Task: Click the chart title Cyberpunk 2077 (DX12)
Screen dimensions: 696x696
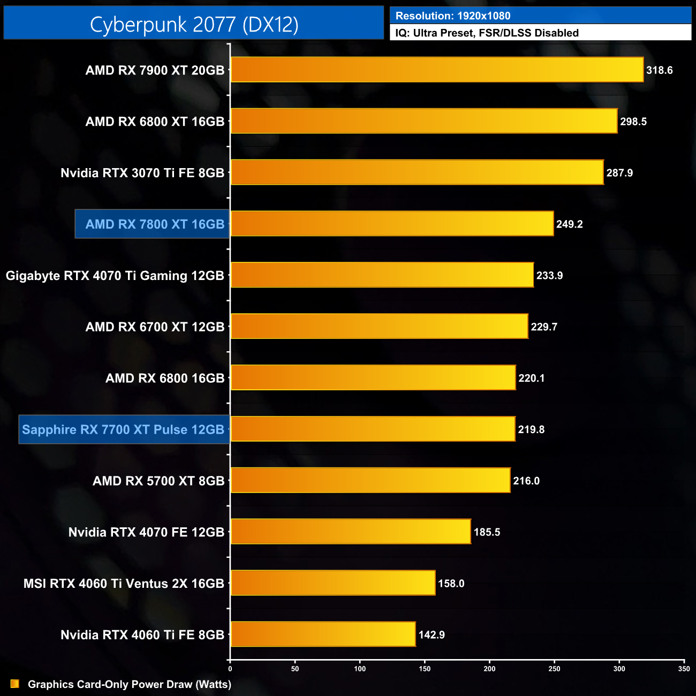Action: click(x=194, y=24)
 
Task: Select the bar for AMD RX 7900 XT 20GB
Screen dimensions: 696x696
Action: click(x=437, y=70)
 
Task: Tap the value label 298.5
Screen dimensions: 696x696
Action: click(x=633, y=122)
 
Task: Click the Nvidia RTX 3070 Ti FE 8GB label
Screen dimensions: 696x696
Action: click(x=142, y=173)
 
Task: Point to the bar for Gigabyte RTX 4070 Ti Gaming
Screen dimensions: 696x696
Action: click(x=382, y=275)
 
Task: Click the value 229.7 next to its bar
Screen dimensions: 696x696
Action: click(x=544, y=327)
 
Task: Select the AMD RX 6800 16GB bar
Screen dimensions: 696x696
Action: click(x=373, y=378)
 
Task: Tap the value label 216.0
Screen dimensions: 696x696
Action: click(x=526, y=481)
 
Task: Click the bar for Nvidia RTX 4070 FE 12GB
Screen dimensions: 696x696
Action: click(x=351, y=532)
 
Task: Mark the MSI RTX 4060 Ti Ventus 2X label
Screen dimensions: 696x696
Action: click(x=124, y=584)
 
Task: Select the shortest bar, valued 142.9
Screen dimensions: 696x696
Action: click(x=323, y=634)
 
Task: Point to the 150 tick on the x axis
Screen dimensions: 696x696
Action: click(x=425, y=668)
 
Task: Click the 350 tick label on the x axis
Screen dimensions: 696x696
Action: click(x=684, y=668)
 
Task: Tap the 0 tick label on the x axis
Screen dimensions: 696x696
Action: click(x=230, y=668)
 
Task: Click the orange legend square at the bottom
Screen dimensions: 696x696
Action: click(x=15, y=684)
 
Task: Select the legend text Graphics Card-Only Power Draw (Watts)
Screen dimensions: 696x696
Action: click(x=130, y=684)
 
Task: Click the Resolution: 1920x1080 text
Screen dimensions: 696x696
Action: click(x=453, y=16)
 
